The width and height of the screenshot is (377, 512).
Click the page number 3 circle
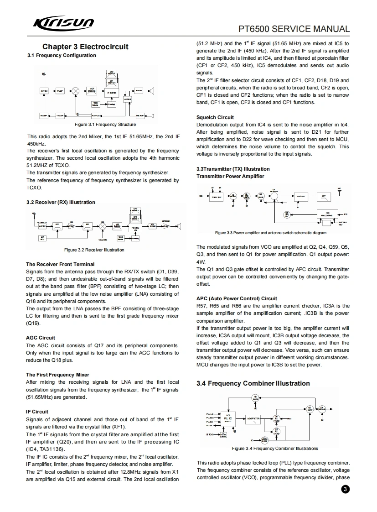tap(345, 490)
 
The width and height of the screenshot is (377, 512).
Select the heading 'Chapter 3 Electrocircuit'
tap(85, 47)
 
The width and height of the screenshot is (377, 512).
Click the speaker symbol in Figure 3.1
tap(154, 90)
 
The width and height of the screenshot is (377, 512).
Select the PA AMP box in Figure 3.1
tap(44, 115)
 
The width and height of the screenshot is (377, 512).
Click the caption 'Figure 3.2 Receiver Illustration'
tap(94, 250)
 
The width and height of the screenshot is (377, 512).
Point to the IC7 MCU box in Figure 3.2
tap(42, 238)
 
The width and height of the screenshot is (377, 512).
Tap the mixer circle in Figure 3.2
tap(103, 225)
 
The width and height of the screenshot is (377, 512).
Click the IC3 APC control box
tap(328, 214)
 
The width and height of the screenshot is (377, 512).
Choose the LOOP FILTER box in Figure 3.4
tap(253, 418)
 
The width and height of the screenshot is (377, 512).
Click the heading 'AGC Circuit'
tap(41, 338)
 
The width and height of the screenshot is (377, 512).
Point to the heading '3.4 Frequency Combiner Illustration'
tap(253, 383)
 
